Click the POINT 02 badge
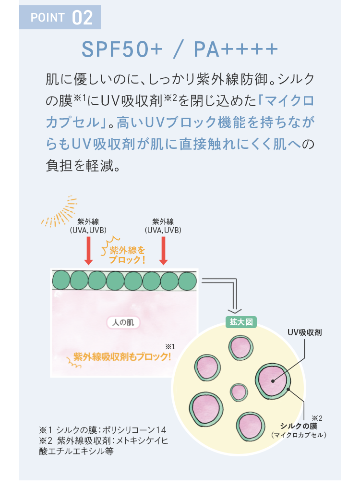[x=60, y=18]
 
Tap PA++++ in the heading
[x=235, y=49]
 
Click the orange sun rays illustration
[x=60, y=211]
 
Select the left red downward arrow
[x=88, y=250]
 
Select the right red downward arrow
[x=163, y=250]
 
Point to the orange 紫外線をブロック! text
[x=127, y=255]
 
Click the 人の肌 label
[x=122, y=322]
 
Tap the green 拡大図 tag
[x=241, y=322]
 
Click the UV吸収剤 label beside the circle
[x=304, y=332]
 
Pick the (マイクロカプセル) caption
[x=299, y=435]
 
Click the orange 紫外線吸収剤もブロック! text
[x=122, y=357]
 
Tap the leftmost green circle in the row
[x=61, y=280]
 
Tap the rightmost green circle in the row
[x=187, y=280]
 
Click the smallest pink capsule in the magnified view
[x=238, y=392]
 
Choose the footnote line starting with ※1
[x=103, y=429]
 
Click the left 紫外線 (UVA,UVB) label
[x=88, y=226]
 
